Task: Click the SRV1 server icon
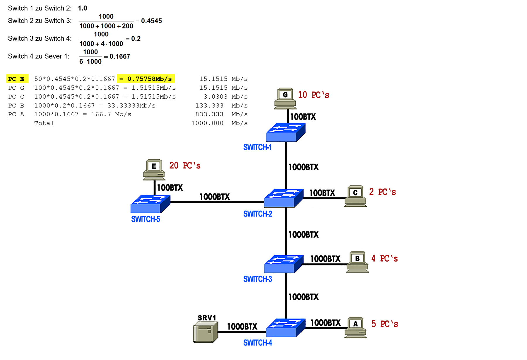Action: (206, 332)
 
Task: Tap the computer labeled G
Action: (285, 98)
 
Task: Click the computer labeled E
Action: (154, 170)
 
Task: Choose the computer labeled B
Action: (357, 262)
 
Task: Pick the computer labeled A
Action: (355, 327)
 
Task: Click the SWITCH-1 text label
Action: (257, 147)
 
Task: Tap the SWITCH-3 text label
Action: (257, 279)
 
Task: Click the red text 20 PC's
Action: (185, 166)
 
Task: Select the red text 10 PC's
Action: (313, 95)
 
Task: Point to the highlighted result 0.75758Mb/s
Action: (146, 79)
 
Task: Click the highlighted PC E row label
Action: (17, 79)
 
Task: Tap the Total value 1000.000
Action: (207, 123)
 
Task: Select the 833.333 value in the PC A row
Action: (209, 114)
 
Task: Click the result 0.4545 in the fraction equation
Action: (151, 21)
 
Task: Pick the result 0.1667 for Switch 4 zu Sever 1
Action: (120, 56)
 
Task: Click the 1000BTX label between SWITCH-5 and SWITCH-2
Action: (215, 197)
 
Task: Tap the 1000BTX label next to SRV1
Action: (242, 326)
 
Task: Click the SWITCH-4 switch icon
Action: (286, 328)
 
